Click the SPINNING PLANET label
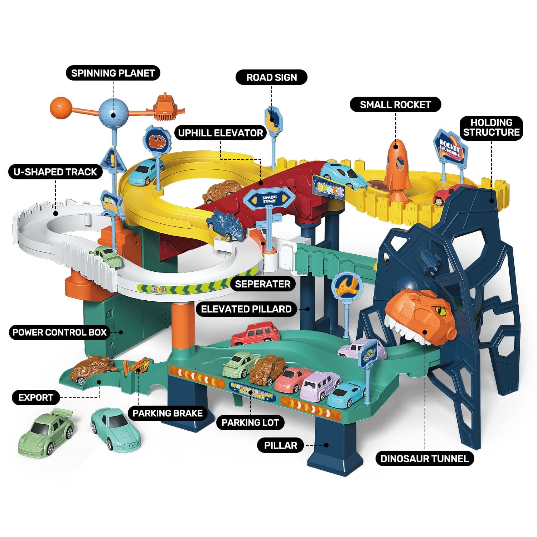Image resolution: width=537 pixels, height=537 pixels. point(113,73)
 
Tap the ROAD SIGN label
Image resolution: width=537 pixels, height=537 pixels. point(271,77)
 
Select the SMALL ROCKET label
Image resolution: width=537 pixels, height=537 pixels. point(395,105)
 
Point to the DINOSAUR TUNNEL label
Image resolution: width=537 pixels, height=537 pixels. point(424,459)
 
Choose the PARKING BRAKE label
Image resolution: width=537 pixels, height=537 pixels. point(168,413)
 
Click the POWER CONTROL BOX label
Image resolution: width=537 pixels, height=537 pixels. point(60,332)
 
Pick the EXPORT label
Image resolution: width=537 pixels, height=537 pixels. point(36,397)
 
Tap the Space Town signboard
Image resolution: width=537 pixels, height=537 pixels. point(269,200)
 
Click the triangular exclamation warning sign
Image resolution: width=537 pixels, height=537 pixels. point(112,160)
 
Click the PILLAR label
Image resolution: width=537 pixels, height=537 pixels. point(281,445)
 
